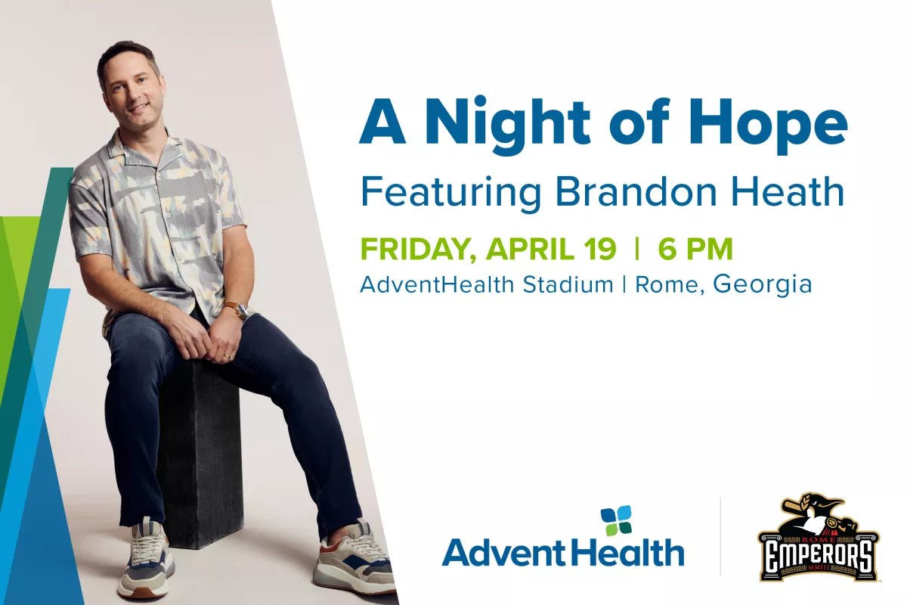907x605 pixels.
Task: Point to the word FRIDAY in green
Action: [419, 250]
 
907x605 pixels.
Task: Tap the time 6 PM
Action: [695, 250]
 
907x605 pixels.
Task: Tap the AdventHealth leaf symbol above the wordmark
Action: [616, 521]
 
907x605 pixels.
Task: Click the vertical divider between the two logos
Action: [720, 537]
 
